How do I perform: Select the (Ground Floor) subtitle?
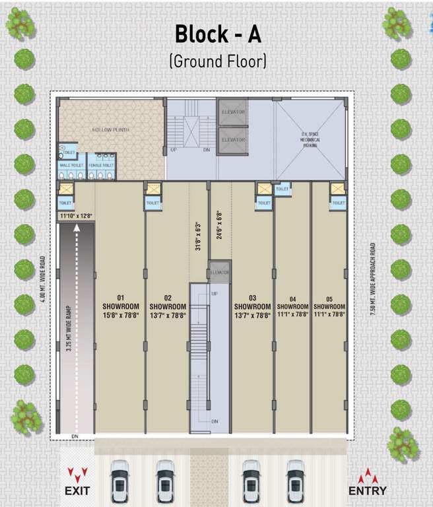pyautogui.click(x=217, y=62)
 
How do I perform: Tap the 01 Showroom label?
pyautogui.click(x=121, y=307)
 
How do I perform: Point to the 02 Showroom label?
pyautogui.click(x=168, y=307)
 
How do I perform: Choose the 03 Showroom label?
pyautogui.click(x=252, y=307)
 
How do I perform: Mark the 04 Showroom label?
pyautogui.click(x=292, y=307)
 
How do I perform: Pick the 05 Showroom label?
pyautogui.click(x=329, y=307)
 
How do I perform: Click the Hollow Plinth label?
pyautogui.click(x=111, y=130)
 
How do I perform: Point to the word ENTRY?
pyautogui.click(x=368, y=490)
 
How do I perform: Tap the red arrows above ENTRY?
pyautogui.click(x=368, y=475)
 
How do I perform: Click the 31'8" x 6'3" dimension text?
pyautogui.click(x=197, y=234)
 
